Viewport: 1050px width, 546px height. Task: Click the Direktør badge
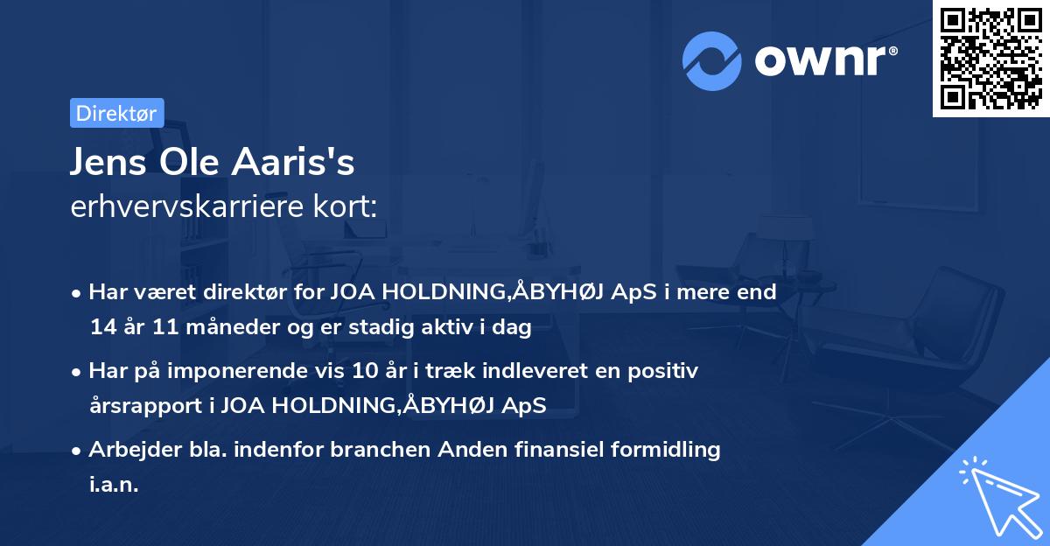(x=116, y=113)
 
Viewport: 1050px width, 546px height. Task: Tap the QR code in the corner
(x=990, y=59)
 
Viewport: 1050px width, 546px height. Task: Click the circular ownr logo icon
(x=713, y=59)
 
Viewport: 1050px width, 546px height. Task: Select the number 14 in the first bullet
(x=101, y=327)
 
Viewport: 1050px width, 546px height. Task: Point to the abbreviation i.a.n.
(x=114, y=485)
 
